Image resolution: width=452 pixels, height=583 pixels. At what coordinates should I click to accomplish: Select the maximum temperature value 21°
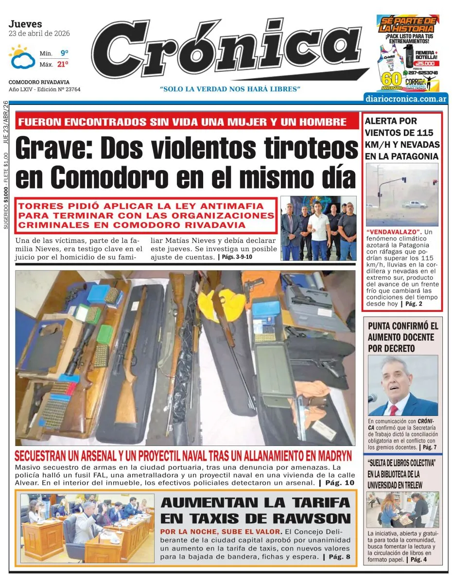pyautogui.click(x=63, y=64)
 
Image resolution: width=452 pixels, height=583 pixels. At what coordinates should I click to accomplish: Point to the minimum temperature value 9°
pyautogui.click(x=64, y=52)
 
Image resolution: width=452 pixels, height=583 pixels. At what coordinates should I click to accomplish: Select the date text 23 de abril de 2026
pyautogui.click(x=39, y=34)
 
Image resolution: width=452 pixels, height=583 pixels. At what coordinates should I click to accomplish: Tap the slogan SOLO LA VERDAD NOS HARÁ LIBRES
pyautogui.click(x=230, y=89)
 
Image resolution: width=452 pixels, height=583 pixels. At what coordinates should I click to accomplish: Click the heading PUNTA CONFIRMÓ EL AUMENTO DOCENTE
pyautogui.click(x=403, y=337)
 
